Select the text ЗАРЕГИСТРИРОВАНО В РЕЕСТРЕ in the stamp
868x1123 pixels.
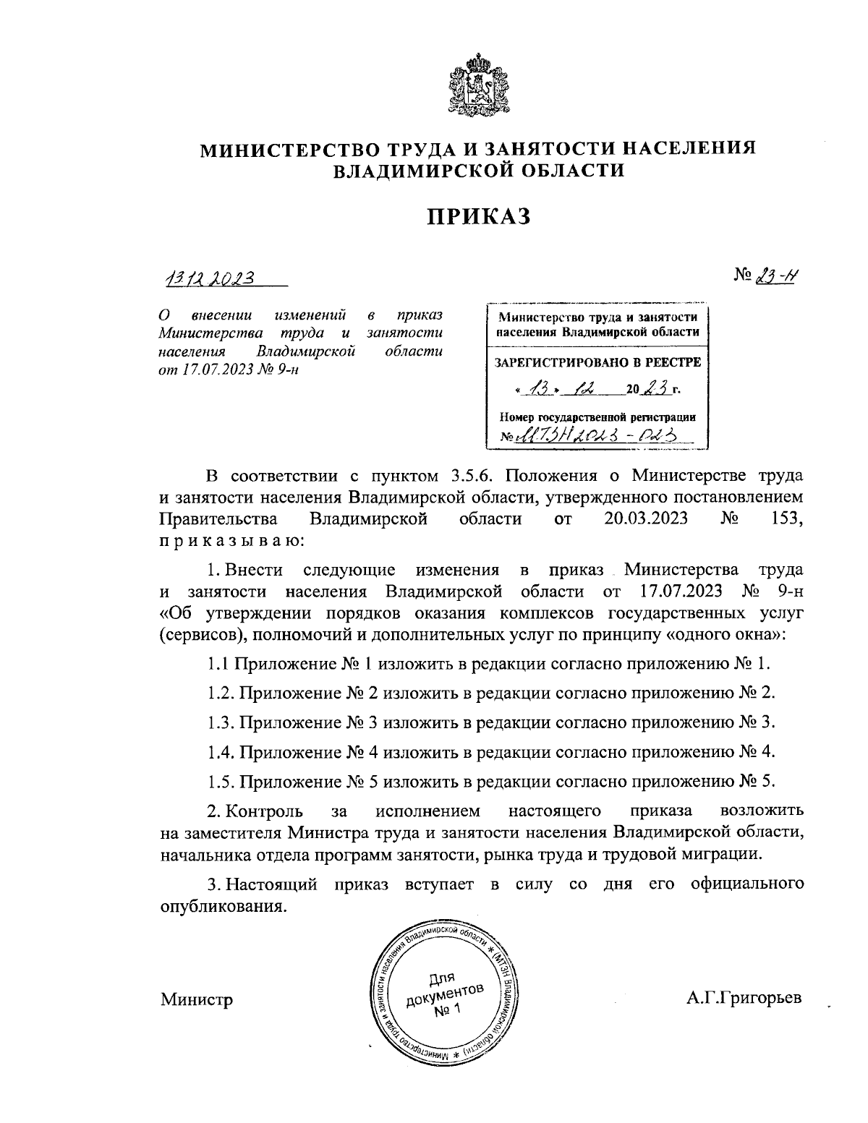point(597,363)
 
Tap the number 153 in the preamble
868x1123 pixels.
point(787,518)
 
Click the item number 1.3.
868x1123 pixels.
point(219,722)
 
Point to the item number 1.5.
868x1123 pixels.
point(219,782)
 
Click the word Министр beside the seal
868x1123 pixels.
point(197,1000)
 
